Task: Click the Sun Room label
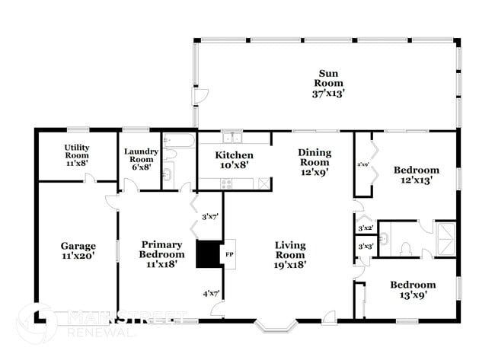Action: click(328, 83)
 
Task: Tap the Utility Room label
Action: click(76, 155)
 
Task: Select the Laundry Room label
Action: click(141, 158)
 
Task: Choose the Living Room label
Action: click(290, 255)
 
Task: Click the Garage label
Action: click(78, 251)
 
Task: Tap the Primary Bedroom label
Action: click(162, 254)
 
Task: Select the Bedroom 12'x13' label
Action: click(416, 175)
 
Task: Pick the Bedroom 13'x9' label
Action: click(413, 291)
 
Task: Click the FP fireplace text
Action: click(229, 254)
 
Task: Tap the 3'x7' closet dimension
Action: click(210, 217)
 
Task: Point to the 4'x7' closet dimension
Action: click(210, 293)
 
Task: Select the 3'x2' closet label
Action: click(365, 228)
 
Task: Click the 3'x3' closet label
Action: click(365, 246)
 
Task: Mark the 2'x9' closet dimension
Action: click(363, 164)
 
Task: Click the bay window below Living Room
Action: click(275, 327)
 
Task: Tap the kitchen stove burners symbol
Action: click(226, 183)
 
